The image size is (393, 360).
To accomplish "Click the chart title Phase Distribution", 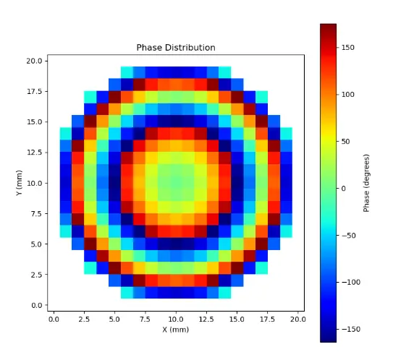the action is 176,48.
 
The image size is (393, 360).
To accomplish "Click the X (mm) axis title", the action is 175,330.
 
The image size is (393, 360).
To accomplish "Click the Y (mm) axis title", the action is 19,183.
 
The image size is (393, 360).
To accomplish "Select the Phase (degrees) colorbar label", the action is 366,183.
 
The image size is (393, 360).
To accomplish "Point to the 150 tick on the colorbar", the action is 348,48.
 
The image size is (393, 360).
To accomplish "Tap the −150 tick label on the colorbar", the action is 351,329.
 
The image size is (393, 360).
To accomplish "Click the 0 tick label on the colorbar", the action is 344,189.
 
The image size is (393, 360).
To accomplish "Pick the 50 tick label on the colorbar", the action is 346,142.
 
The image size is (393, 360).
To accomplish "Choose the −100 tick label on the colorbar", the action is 351,283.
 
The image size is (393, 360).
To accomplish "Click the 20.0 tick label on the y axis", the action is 34,61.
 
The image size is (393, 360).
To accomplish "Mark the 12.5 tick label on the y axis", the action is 34,153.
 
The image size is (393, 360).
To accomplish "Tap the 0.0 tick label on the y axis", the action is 36,306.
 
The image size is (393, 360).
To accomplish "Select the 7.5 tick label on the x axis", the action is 145,320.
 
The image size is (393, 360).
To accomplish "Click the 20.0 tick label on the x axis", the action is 297,320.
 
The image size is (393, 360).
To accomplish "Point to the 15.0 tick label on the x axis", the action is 237,320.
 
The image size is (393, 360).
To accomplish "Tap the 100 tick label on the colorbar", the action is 348,95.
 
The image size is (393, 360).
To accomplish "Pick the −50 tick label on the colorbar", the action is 349,236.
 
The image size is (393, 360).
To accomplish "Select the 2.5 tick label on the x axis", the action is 84,320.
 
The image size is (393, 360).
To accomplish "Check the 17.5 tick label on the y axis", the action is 34,92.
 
